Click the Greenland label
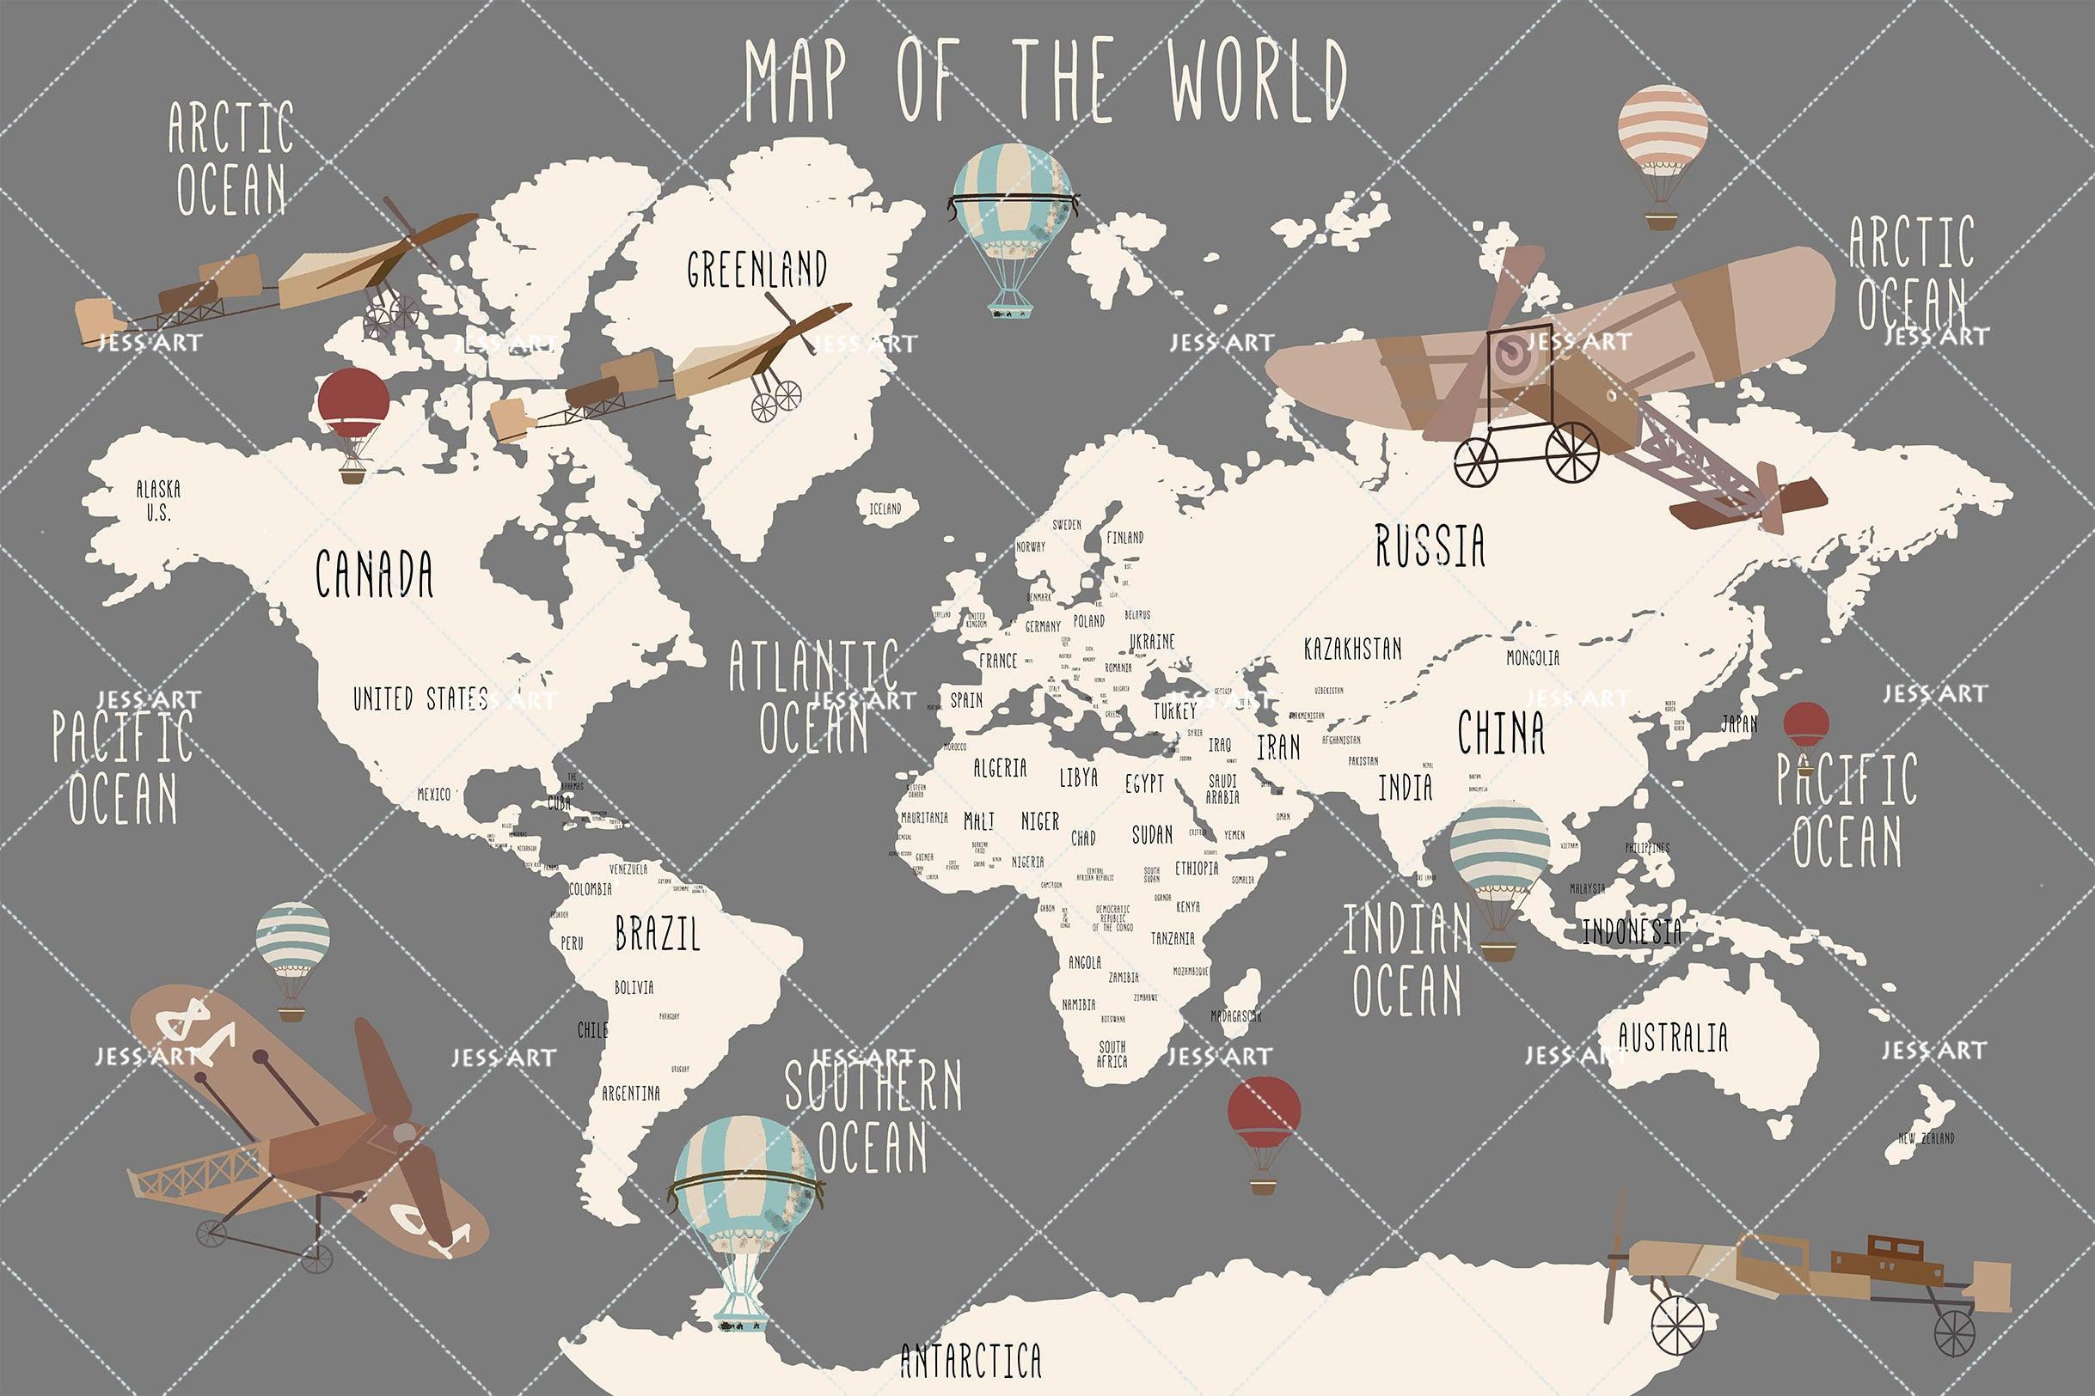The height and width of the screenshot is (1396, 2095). point(757,268)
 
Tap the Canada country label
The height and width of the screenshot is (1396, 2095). point(374,574)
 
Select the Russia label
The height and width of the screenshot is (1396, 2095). point(1430,546)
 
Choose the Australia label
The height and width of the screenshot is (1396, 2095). point(1673,1038)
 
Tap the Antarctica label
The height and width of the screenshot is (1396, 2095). point(971,1361)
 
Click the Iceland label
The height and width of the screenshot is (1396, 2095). point(885,509)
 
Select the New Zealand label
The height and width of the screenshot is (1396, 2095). point(1927,1138)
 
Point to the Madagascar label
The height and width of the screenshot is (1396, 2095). point(1235,1015)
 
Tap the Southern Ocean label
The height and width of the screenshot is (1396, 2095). point(873,1117)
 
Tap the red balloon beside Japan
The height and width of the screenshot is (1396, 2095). point(1805,727)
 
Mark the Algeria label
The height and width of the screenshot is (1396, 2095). point(1000,767)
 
